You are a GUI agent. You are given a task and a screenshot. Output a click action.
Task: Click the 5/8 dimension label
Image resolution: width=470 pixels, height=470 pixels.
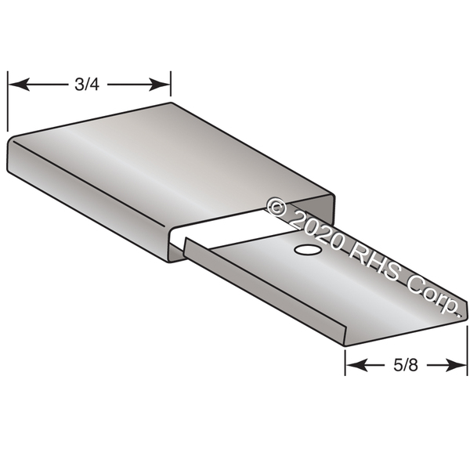[x=406, y=365]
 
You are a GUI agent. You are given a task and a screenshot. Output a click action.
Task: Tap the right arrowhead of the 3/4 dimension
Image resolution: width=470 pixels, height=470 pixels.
[x=160, y=85]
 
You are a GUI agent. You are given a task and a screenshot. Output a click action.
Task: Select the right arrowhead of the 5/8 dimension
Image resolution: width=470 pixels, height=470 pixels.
[x=456, y=365]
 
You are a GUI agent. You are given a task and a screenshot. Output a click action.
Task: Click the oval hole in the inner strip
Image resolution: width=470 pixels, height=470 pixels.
[x=308, y=249]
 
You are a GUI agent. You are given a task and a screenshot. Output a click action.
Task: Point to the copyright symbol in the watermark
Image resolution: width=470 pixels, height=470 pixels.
[x=277, y=207]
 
